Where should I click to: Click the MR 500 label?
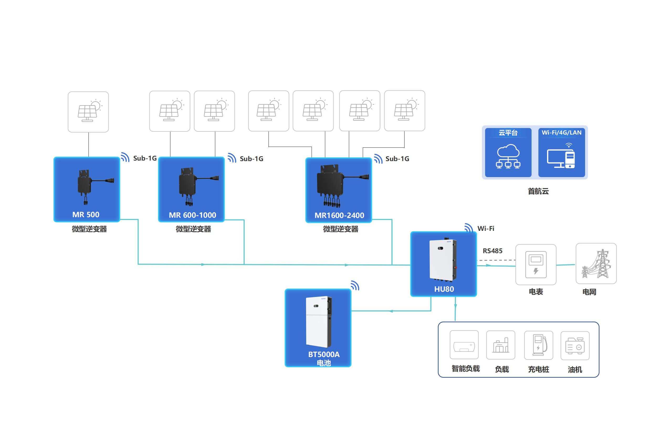86,215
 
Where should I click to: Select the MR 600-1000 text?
192,215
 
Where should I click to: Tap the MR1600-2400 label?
339,216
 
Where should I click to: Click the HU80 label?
444,289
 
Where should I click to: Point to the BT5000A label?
324,354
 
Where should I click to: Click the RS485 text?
492,251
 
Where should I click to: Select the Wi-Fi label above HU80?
486,228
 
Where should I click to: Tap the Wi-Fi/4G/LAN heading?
561,133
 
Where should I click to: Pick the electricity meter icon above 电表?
535,265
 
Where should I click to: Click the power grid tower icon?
596,264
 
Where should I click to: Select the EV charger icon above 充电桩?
538,345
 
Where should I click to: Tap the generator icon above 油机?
575,346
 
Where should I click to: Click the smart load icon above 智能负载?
464,345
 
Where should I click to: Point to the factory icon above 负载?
501,345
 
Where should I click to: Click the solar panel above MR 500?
88,112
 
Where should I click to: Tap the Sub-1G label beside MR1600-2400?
397,159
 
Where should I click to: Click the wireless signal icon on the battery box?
355,286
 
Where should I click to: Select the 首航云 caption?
538,191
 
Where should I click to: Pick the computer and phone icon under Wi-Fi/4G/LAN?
561,156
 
